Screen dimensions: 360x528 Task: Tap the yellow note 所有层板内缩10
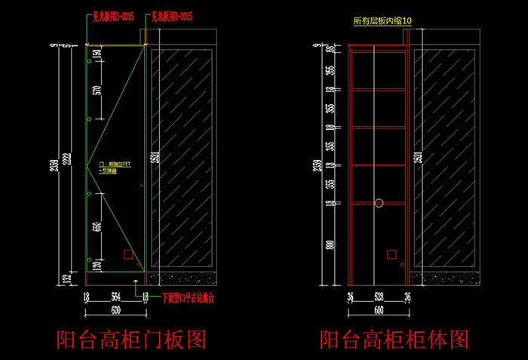[382, 23]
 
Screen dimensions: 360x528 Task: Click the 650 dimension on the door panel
[97, 227]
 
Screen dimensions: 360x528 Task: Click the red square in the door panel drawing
[129, 255]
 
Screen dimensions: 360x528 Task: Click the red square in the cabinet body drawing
[392, 254]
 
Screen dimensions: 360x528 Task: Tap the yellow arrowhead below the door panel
[135, 281]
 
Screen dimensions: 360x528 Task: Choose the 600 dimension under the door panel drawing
[115, 310]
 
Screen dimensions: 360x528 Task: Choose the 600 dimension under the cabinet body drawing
[379, 310]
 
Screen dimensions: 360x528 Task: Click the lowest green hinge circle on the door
[89, 254]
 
